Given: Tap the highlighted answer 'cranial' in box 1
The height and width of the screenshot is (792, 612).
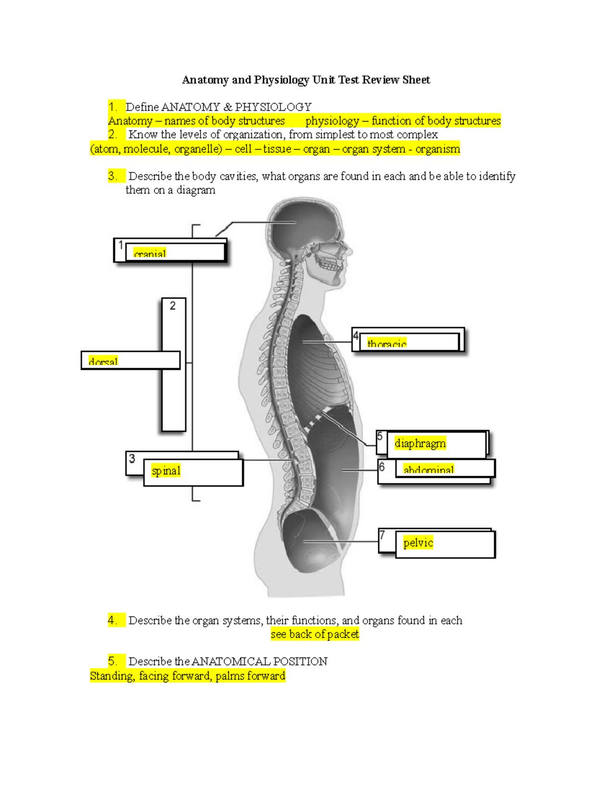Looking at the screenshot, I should (149, 253).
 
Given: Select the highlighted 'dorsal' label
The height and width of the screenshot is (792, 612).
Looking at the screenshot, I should (103, 362).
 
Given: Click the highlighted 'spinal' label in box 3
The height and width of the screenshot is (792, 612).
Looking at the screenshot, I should (166, 471).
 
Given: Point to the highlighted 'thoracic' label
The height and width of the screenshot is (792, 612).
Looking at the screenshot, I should (387, 344).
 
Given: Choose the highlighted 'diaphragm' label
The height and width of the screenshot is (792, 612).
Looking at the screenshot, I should (420, 443).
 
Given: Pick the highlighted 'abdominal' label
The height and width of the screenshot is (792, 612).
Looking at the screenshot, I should (428, 469).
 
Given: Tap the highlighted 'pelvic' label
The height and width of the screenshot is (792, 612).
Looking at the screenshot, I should (418, 543).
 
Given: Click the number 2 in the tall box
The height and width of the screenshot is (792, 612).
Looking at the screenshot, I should (172, 306).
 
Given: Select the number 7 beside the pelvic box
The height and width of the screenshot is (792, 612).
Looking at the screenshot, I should (382, 535).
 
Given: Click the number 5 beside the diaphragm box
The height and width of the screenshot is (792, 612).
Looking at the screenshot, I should (379, 437).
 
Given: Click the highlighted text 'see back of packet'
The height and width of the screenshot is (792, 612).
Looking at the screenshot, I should (315, 634).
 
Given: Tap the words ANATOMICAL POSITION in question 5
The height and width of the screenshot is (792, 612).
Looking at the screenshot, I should (259, 661).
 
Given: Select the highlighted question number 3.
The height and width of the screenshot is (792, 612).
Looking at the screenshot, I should (113, 176).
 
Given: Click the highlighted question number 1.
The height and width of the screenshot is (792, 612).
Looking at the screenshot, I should (113, 107).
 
